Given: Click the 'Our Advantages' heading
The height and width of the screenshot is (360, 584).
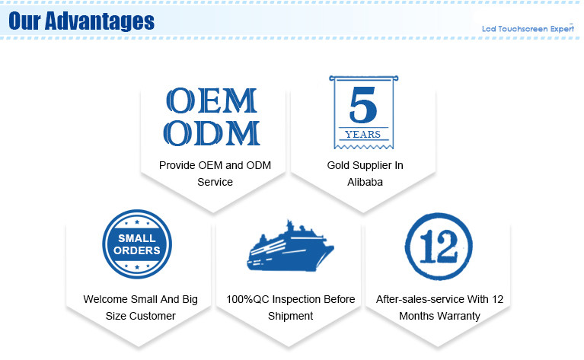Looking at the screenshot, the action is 81,21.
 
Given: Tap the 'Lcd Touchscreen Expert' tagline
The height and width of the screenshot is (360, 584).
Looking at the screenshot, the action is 528,29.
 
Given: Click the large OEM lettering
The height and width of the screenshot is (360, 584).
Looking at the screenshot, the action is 212,100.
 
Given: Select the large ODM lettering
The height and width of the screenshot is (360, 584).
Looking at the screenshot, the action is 212,133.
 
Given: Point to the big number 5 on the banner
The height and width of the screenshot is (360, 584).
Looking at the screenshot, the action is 363,104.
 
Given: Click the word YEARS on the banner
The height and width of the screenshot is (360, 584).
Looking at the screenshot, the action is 362,135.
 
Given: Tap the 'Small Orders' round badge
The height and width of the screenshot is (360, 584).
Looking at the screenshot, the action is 137,244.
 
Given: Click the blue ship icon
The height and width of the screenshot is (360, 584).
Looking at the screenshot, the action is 291,246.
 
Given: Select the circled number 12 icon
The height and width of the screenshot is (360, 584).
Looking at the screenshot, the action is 439,247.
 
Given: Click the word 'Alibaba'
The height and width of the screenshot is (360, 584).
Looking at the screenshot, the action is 365,182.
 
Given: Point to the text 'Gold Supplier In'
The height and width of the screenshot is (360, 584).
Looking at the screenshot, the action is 365,166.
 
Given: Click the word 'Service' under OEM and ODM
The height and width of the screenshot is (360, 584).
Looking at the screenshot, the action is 215,182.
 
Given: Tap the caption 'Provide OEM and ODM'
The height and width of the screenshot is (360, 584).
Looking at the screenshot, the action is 215,165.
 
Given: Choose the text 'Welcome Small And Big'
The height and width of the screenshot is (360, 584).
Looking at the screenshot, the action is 140,299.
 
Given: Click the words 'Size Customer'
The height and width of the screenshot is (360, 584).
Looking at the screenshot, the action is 140,316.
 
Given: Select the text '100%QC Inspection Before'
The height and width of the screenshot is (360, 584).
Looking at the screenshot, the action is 291,299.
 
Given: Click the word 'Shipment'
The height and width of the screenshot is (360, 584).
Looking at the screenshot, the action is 291,316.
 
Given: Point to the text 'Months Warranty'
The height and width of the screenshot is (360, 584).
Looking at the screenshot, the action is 439,316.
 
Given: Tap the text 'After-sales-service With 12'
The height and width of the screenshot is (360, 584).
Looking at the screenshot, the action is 439,299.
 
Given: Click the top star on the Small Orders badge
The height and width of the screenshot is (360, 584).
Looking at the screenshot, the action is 137,222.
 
